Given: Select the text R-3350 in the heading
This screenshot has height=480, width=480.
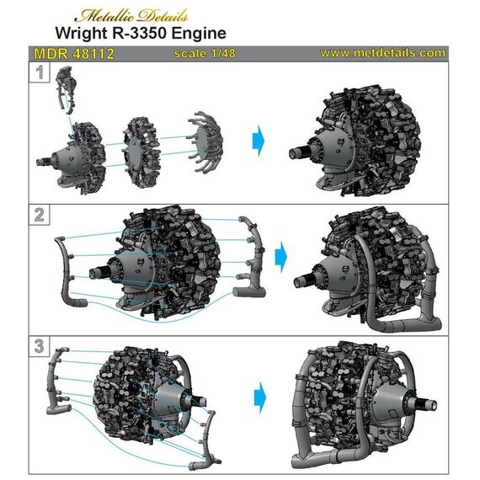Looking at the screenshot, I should click(162, 35).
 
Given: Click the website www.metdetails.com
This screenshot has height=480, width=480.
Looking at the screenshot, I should click(382, 53).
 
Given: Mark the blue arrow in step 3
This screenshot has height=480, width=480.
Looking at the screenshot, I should click(262, 393).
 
